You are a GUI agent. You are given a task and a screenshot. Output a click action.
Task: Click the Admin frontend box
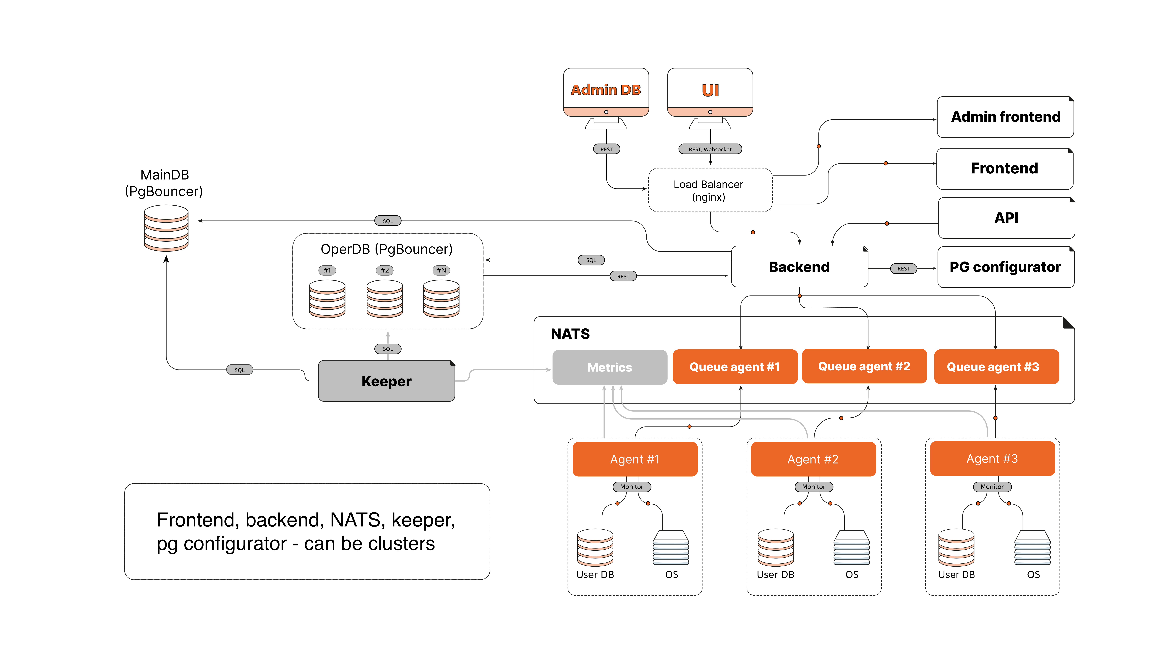[x=1005, y=117]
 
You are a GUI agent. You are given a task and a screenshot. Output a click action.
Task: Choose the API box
[x=1006, y=218]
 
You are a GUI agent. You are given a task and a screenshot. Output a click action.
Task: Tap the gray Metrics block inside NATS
[x=609, y=367]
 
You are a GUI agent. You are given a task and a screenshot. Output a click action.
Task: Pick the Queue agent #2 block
[x=864, y=366]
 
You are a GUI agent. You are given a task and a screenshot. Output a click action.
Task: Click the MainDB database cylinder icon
[x=166, y=228]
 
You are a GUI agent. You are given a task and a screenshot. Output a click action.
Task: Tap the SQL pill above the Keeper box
[x=388, y=349]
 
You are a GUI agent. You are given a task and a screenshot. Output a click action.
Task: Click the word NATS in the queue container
[x=570, y=334]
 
